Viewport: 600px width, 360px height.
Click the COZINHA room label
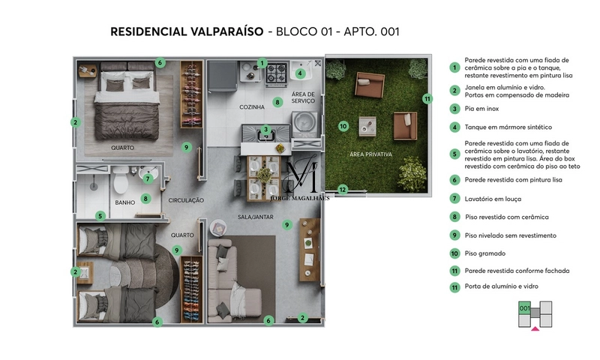253,107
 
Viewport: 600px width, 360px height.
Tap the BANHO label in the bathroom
124,202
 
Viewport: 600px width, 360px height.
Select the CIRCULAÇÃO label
187,200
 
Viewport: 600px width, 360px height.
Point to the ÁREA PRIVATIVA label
371,154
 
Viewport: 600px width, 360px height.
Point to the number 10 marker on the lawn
343,126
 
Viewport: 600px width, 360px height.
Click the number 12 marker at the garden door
343,190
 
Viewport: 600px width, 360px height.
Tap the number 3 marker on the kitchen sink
265,129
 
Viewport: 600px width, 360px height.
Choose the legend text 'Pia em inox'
483,109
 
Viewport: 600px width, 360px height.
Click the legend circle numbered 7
454,199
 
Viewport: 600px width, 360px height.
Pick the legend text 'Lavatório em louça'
493,199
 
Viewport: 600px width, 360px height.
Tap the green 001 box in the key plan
525,307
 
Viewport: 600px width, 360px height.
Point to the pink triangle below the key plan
535,328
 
